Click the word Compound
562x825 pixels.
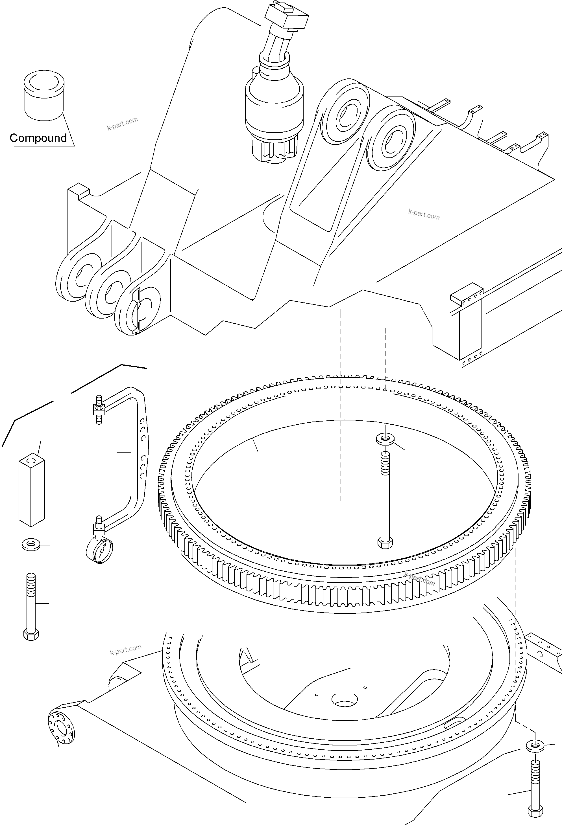coord(38,138)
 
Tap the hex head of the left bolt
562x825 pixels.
coord(31,635)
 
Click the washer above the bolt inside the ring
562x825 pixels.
coord(385,439)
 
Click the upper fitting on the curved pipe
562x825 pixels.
coord(98,410)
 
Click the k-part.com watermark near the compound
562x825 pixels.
coord(122,123)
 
